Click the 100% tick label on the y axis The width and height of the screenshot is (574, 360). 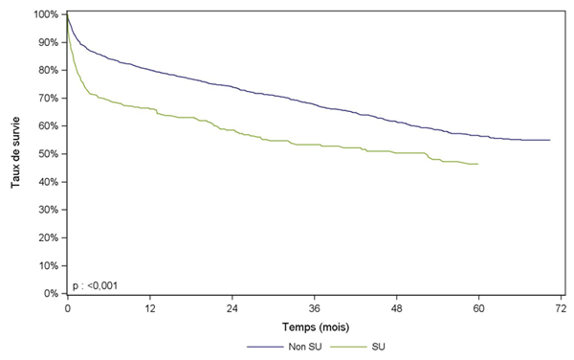pos(45,15)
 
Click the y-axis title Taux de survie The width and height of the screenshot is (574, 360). pos(16,154)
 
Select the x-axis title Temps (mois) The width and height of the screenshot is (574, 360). pos(314,326)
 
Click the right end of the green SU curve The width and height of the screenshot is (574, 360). pos(478,165)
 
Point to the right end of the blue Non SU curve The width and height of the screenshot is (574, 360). pos(550,141)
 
